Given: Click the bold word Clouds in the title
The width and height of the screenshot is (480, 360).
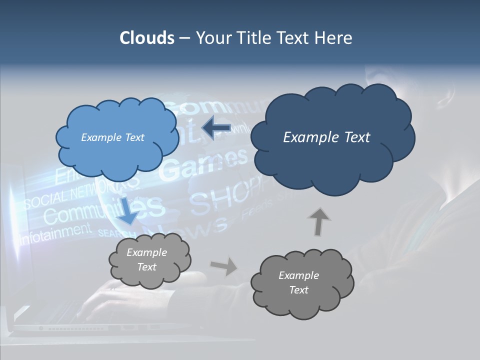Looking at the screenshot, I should coord(146,38).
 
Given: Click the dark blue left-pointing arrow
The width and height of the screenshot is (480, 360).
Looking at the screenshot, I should coord(216,128).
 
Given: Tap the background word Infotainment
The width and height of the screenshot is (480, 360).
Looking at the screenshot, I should coord(55,232).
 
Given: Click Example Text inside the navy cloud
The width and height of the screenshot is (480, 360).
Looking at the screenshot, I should coord(326,137).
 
